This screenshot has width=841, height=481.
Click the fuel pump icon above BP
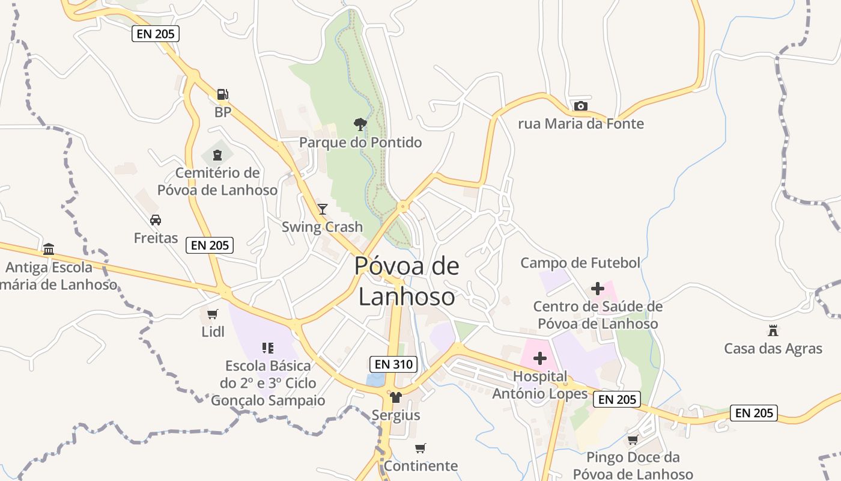coord(222,94)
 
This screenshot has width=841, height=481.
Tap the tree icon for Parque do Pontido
coord(360,124)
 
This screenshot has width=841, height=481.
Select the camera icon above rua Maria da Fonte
coord(580,106)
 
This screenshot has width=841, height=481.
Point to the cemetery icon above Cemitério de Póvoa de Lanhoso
coord(217,155)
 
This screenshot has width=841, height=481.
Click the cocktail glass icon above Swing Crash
coord(323,209)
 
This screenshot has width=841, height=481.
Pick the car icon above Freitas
coord(156,220)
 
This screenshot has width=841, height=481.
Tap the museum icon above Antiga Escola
coord(49,249)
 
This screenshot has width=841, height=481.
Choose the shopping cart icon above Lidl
coord(212,314)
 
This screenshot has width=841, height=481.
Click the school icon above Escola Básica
coord(268,348)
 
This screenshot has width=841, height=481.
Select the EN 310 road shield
coord(393,364)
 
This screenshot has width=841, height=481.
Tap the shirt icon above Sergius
coord(395,397)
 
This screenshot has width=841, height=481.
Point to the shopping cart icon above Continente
coord(421,448)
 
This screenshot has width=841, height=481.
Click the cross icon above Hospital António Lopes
coord(539,358)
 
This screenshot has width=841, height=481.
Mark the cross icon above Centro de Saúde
coord(597,289)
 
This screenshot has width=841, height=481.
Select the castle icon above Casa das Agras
coord(773,330)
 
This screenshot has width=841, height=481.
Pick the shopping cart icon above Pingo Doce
coord(633,440)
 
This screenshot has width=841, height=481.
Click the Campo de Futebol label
coord(580,263)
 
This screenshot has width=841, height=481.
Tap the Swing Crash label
coord(323,227)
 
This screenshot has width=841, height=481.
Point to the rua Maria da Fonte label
coord(581,124)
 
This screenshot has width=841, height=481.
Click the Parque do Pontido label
coord(360,142)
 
